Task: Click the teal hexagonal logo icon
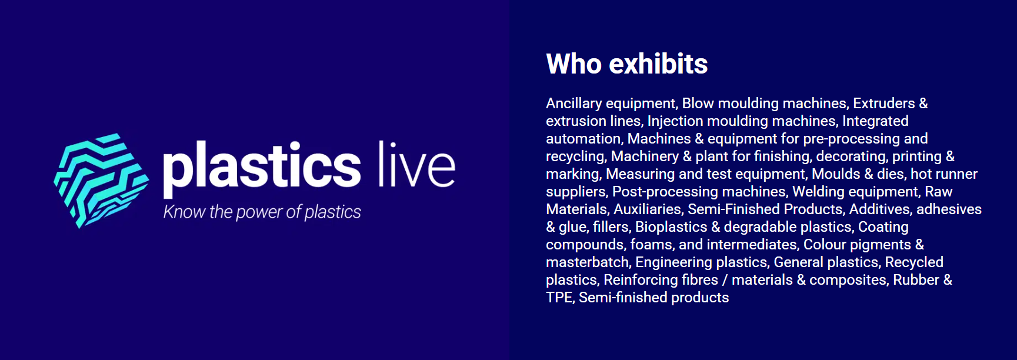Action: pyautogui.click(x=101, y=180)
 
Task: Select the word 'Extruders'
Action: pyautogui.click(x=884, y=104)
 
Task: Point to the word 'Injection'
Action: pyautogui.click(x=675, y=122)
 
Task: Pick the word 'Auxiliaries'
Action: pyautogui.click(x=647, y=209)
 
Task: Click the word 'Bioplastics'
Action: pyautogui.click(x=671, y=228)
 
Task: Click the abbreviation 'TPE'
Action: pyautogui.click(x=559, y=298)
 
